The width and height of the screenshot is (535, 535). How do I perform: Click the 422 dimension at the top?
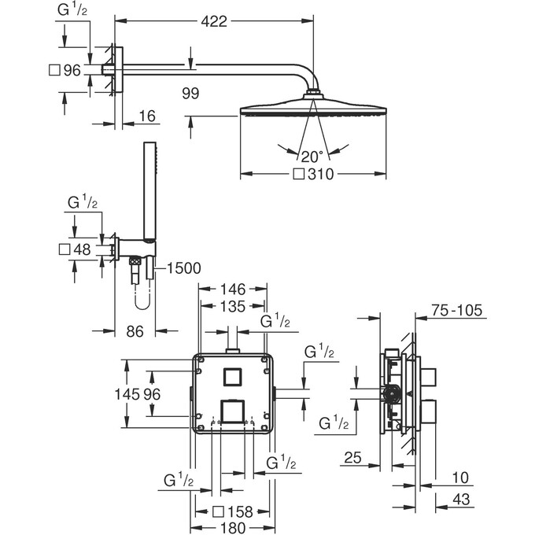click(x=214, y=21)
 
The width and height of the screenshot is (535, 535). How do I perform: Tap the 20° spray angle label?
click(x=312, y=157)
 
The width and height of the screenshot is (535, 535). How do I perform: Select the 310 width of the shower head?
click(x=320, y=175)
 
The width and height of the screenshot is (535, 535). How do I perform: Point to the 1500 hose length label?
click(x=183, y=268)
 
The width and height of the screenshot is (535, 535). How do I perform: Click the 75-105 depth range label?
click(x=457, y=311)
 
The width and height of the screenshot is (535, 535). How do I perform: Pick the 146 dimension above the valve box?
click(x=233, y=290)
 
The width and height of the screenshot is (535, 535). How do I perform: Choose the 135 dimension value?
click(x=233, y=306)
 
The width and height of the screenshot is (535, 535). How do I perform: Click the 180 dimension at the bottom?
click(x=233, y=527)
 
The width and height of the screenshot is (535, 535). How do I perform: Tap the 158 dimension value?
click(x=240, y=512)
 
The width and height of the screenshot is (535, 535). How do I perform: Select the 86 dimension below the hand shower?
click(x=135, y=331)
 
